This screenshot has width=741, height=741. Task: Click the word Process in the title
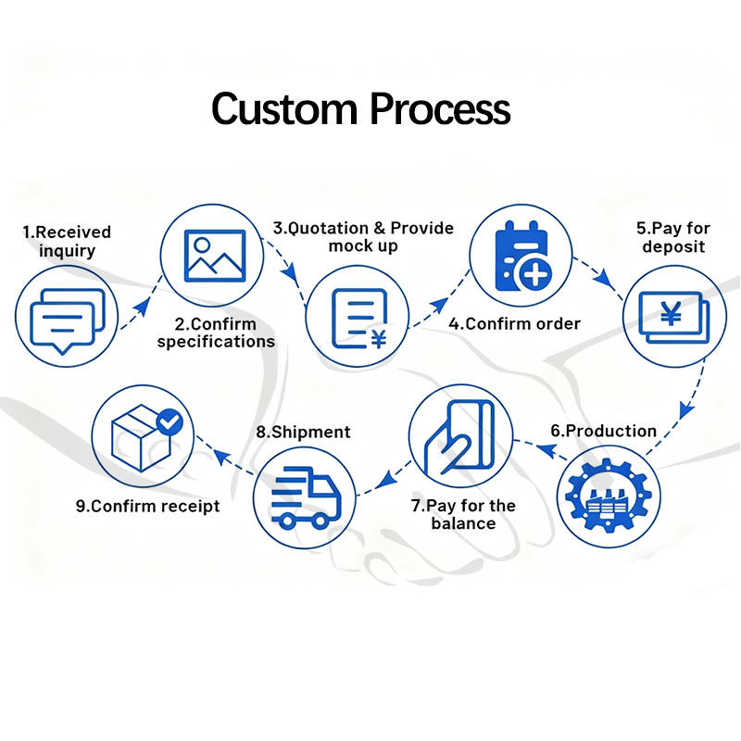[439, 109]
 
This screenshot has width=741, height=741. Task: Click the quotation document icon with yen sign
[358, 320]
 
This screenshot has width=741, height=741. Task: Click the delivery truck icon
[305, 497]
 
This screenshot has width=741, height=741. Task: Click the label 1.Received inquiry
[66, 241]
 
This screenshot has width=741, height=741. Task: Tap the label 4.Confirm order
[515, 323]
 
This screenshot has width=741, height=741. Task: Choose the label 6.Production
[603, 431]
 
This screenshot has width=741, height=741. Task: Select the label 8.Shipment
[303, 432]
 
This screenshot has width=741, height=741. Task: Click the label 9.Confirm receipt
[148, 506]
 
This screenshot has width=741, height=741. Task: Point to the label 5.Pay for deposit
[673, 237]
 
